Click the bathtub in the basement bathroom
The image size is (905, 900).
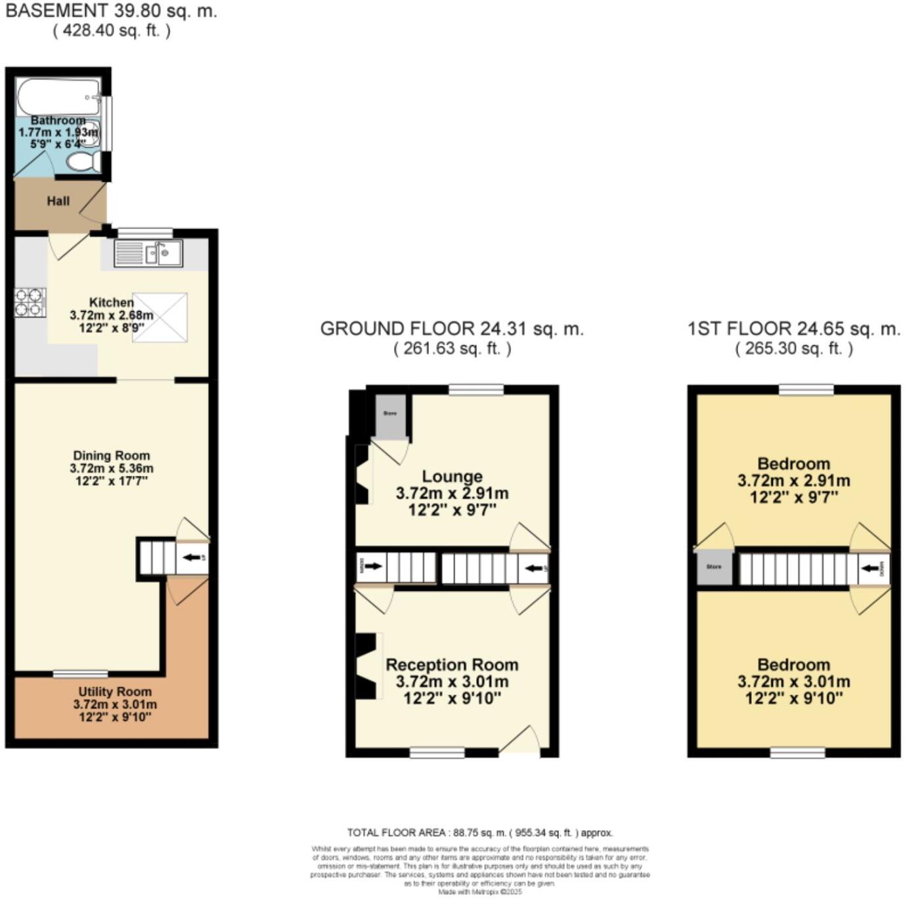point(58,97)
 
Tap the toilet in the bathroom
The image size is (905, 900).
point(85,161)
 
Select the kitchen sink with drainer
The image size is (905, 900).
point(148,253)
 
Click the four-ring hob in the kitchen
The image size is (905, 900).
point(30,302)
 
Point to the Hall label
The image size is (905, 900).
point(58,201)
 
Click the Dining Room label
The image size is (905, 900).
point(111,456)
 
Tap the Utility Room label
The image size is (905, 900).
point(115,692)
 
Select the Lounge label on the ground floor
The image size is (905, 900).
point(452,477)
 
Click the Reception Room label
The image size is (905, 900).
point(452,665)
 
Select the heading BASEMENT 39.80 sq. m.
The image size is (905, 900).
point(110,11)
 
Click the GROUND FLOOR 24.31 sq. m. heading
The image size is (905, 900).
point(452,329)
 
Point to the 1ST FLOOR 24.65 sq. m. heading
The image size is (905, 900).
point(793,329)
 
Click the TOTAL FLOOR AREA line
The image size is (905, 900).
point(479,832)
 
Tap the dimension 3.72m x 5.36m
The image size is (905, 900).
point(111,469)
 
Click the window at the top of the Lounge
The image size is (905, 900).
point(476,390)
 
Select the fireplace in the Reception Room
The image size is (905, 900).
point(366,666)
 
